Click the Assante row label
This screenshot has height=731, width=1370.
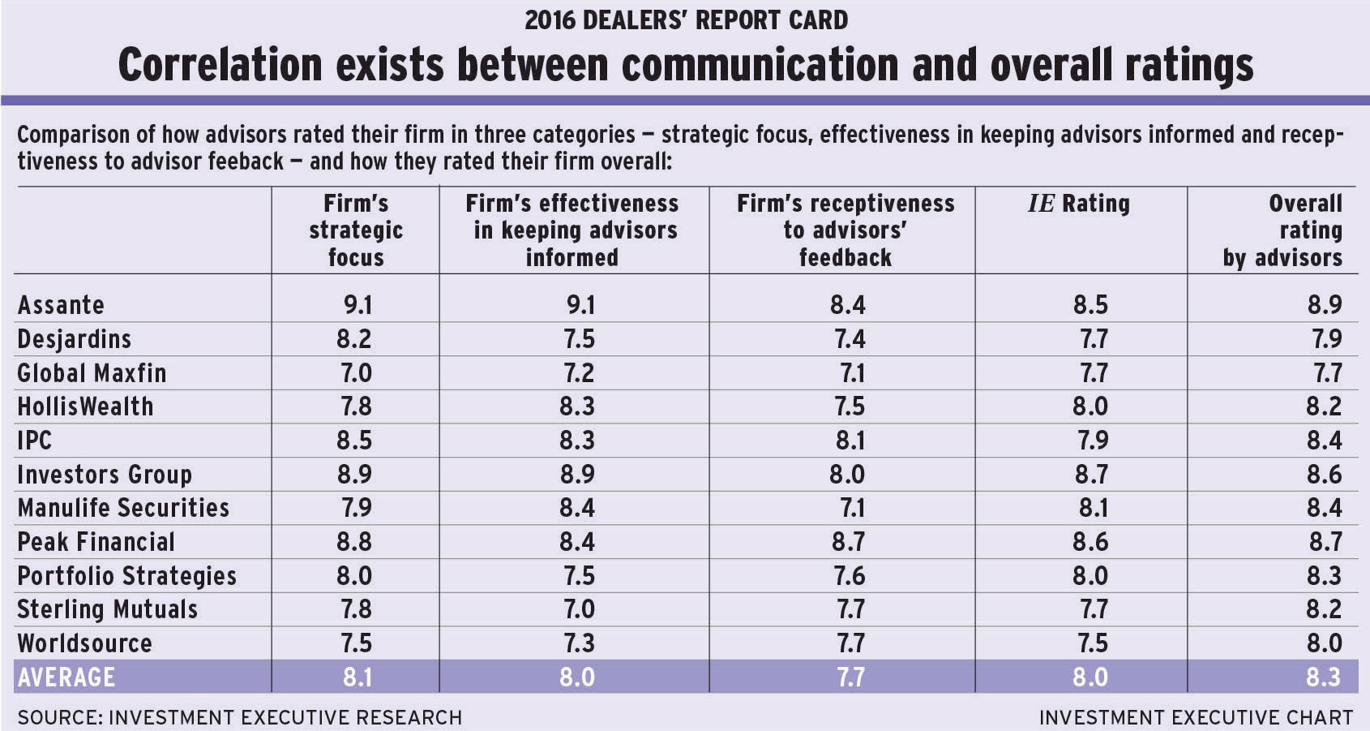[x=61, y=305]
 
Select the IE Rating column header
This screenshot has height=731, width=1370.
[x=1078, y=204]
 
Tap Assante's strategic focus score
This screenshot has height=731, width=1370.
[x=357, y=305]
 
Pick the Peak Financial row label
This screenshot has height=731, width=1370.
[x=96, y=542]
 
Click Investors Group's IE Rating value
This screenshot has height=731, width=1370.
[x=1090, y=475]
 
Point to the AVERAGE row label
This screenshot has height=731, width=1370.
[x=66, y=677]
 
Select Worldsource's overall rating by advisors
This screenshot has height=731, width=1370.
[x=1323, y=643]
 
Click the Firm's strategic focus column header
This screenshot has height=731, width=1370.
[x=356, y=230]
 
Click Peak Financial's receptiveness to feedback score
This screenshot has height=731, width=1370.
[x=847, y=542]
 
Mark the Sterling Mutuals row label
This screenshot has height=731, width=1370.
[x=107, y=609]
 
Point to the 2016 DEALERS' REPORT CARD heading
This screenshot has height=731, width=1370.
[x=686, y=19]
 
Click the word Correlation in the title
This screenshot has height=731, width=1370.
[x=220, y=65]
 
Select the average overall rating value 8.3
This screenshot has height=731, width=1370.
[x=1323, y=677]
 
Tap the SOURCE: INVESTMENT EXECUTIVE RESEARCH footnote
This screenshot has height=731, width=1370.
[x=239, y=718]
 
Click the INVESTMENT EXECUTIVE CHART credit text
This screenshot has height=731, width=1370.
[x=1196, y=718]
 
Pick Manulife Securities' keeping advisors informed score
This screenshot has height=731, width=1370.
[x=577, y=509]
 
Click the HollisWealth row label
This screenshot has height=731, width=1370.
[x=85, y=406]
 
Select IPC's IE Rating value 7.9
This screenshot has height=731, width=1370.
[x=1090, y=441]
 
